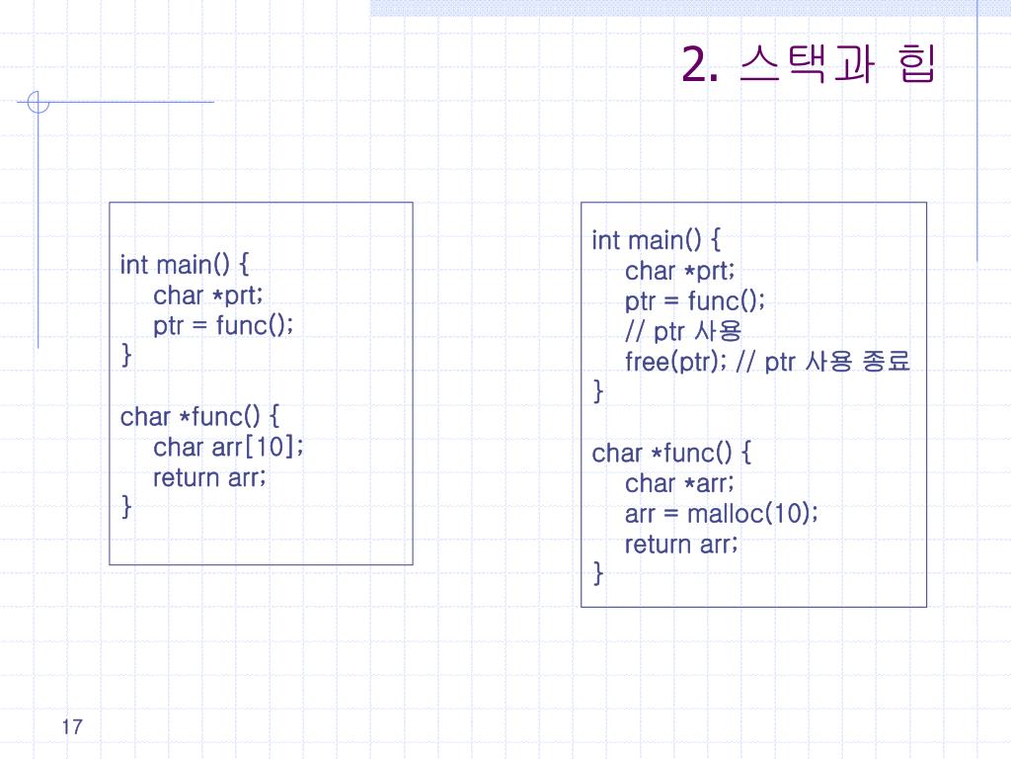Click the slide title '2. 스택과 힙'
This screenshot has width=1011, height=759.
[x=807, y=66]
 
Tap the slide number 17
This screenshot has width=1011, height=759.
[x=71, y=728]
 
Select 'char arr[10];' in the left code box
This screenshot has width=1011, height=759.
[x=228, y=448]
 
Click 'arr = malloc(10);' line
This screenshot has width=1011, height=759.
[x=721, y=514]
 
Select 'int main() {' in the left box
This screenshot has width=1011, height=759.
[x=185, y=265]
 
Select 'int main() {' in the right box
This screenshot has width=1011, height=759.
[x=657, y=240]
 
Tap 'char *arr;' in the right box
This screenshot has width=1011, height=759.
[x=679, y=483]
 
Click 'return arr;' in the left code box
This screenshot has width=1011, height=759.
[x=209, y=478]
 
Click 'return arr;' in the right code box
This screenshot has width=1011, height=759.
[x=681, y=545]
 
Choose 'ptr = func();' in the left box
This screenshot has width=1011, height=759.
[x=223, y=326]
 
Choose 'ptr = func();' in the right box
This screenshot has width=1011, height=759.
[x=695, y=300]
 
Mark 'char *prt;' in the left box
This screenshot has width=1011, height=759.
[x=208, y=295]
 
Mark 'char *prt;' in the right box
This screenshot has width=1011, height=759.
[x=680, y=271]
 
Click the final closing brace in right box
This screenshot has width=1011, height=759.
[x=597, y=573]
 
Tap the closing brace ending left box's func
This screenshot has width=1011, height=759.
[x=125, y=508]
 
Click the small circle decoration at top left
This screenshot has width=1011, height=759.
[x=38, y=103]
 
